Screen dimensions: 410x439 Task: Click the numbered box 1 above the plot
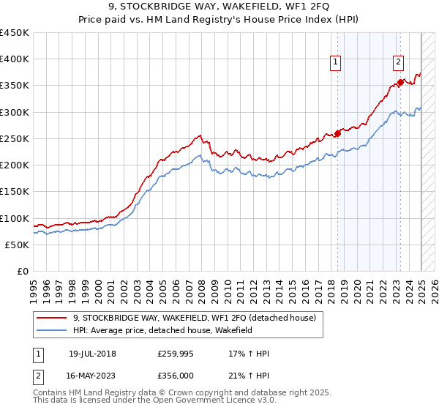point(335,63)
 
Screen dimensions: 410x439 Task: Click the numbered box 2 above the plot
point(399,63)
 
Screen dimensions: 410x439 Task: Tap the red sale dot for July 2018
point(338,133)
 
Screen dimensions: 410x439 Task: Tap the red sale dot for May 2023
point(401,82)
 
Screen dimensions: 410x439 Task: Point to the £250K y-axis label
point(15,138)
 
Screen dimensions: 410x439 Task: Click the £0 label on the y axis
point(23,272)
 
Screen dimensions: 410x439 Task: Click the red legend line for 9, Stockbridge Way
point(53,318)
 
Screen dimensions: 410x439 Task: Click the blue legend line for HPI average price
point(53,330)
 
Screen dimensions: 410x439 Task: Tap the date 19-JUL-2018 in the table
point(91,354)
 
